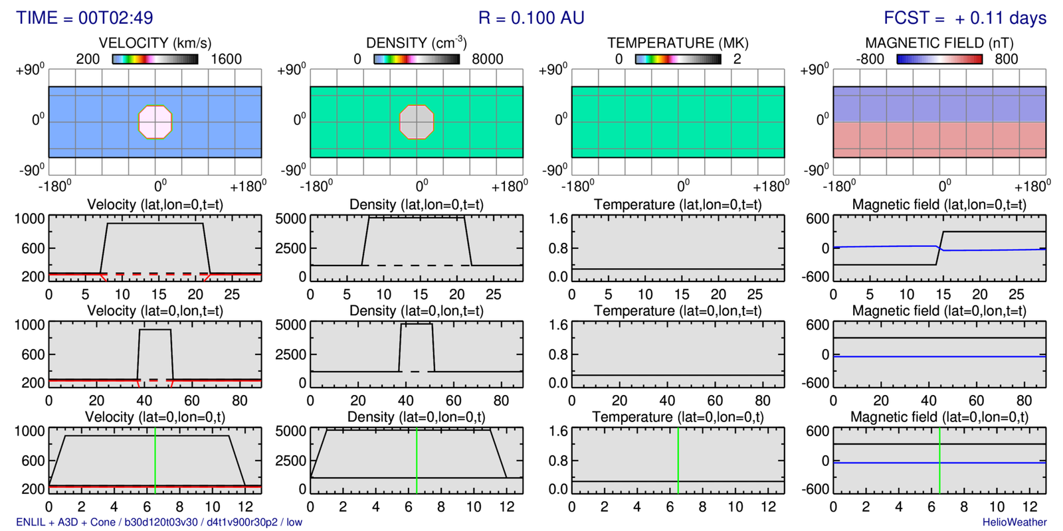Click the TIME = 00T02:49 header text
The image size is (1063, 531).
[x=84, y=18]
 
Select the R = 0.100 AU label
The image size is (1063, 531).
[x=531, y=18]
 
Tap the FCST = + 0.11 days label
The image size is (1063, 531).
[x=965, y=18]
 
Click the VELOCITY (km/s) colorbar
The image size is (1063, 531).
[x=155, y=59]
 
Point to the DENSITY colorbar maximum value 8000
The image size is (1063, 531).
[x=487, y=59]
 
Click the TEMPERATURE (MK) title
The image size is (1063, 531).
[x=678, y=43]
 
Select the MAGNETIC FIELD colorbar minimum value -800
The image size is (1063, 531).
[x=870, y=59]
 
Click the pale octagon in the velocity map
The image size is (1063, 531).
[x=155, y=122]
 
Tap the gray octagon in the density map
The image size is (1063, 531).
[x=417, y=122]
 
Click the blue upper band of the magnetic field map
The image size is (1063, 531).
[x=939, y=104]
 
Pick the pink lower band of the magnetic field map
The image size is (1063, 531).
[x=939, y=139]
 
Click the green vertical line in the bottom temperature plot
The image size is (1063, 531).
[x=678, y=461]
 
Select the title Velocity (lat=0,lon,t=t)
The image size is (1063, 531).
[x=155, y=311]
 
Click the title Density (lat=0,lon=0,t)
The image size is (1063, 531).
[x=417, y=417]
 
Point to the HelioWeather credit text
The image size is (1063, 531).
[x=1015, y=522]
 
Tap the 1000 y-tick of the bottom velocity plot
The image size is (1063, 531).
[x=29, y=431]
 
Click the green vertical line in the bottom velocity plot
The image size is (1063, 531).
[x=155, y=461]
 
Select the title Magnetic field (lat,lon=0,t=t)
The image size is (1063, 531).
[x=939, y=204]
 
